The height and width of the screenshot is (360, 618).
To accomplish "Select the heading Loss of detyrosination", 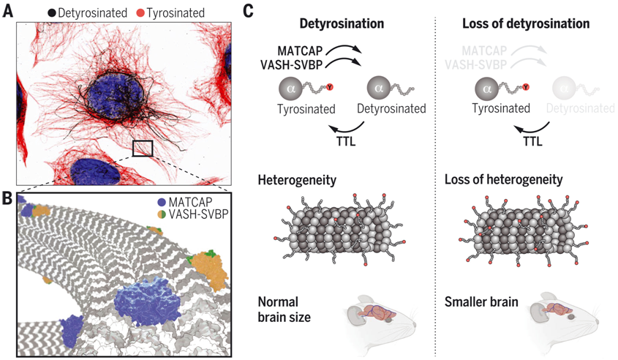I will [x=526, y=23].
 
